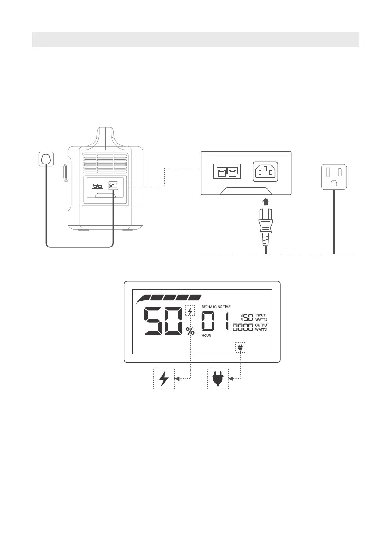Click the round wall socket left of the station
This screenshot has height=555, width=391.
pos(45,159)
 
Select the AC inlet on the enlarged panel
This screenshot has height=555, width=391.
pos(268,171)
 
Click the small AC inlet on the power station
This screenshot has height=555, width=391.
pos(113,185)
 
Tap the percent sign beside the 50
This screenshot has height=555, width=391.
pos(190,331)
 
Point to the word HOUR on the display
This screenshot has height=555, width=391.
pos(206,336)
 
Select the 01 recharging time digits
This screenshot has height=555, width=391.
pos(215,321)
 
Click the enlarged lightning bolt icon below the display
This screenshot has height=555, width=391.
pos(164,378)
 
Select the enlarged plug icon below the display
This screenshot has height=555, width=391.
pos(218,378)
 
